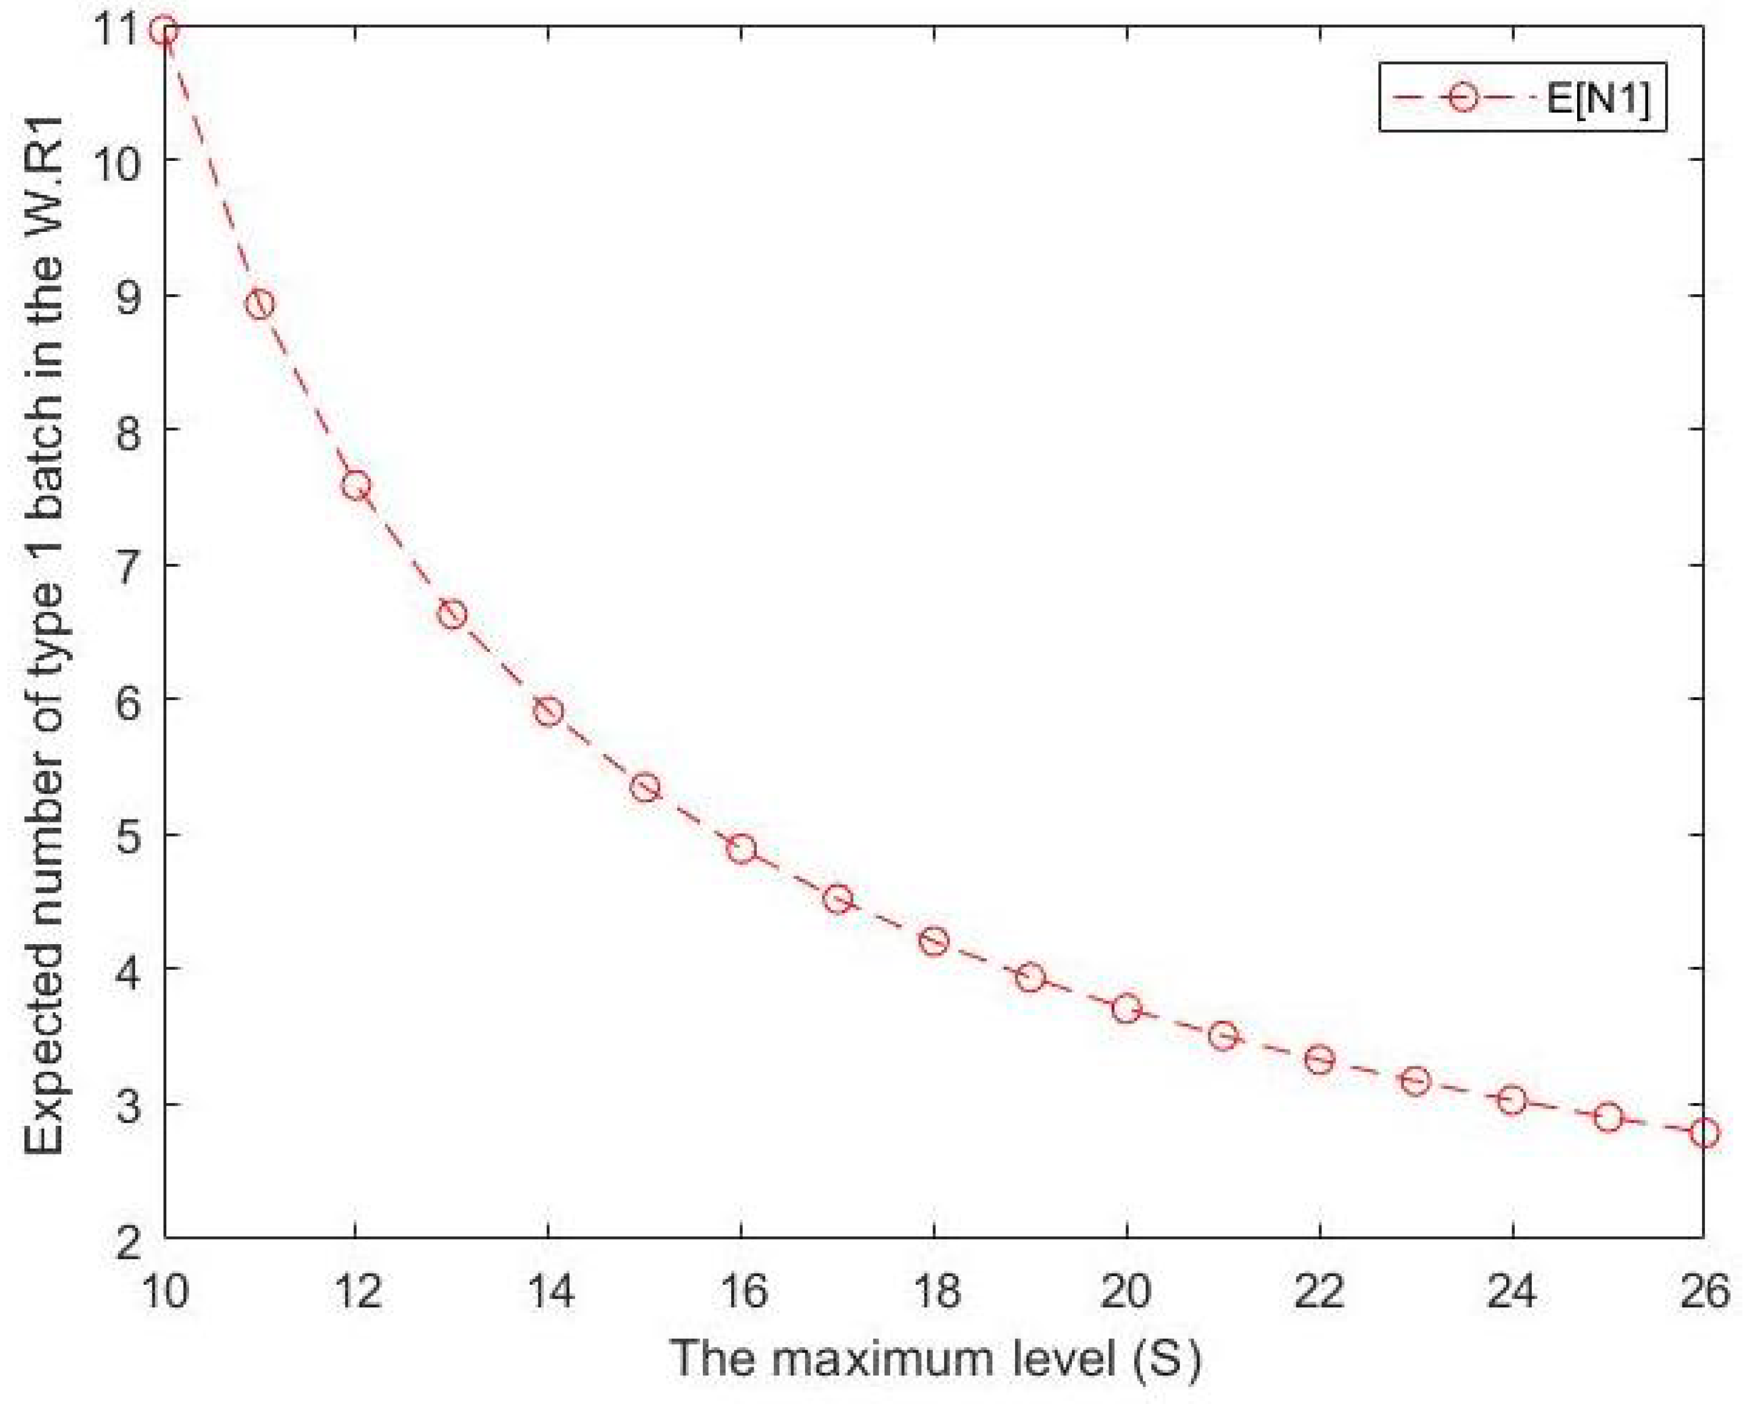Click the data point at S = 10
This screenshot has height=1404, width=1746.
point(165,31)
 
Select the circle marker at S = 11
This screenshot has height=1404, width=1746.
point(259,305)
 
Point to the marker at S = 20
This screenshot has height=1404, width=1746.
point(1126,1009)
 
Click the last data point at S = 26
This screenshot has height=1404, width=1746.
point(1704,1132)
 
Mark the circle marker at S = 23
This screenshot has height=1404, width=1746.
point(1416,1081)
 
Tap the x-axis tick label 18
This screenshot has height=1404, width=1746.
point(934,1291)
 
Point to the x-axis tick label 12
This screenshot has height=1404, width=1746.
point(355,1291)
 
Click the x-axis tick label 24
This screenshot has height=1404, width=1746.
point(1512,1291)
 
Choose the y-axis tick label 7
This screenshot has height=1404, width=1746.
point(128,564)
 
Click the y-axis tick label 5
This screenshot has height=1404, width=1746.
point(128,834)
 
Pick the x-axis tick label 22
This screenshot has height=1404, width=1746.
point(1319,1291)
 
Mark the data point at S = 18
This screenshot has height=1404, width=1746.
point(934,941)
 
